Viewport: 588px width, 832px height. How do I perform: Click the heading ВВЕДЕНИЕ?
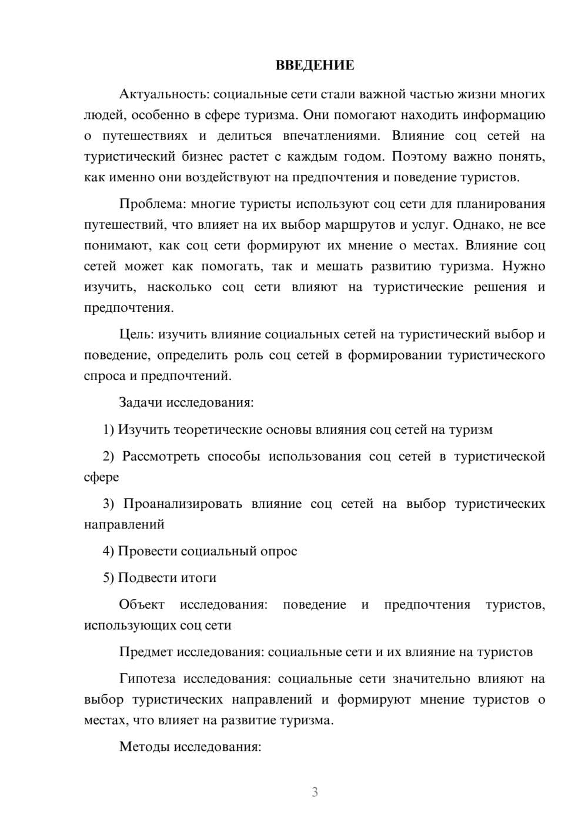pyautogui.click(x=315, y=65)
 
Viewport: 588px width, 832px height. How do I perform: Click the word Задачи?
pyautogui.click(x=141, y=403)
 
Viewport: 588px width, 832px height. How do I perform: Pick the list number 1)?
pyautogui.click(x=109, y=430)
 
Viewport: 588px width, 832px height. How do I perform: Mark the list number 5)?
pyautogui.click(x=109, y=578)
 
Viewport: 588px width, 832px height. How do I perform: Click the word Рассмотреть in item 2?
pyautogui.click(x=161, y=456)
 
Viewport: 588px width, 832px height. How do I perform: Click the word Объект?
pyautogui.click(x=142, y=605)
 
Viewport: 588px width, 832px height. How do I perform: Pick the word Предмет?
pyautogui.click(x=146, y=652)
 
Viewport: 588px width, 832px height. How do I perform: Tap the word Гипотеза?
pyautogui.click(x=147, y=679)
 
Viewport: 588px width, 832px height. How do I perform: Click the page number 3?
pyautogui.click(x=315, y=792)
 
